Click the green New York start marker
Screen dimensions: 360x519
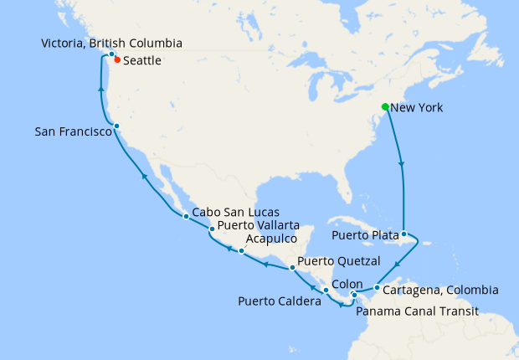click(385, 107)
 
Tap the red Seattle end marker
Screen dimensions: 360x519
click(117, 60)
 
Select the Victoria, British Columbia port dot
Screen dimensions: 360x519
click(111, 54)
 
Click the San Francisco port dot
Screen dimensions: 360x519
click(116, 126)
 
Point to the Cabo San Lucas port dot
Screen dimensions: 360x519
click(186, 217)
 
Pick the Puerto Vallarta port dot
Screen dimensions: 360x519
click(212, 229)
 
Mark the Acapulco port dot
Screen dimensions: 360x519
click(241, 251)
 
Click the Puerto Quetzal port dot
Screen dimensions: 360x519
click(291, 268)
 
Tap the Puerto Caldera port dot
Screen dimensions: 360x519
click(326, 290)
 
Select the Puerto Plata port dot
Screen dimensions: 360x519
click(403, 234)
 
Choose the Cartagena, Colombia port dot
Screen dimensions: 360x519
click(377, 289)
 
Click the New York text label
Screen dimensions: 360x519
click(417, 108)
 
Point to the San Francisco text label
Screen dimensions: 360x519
click(74, 132)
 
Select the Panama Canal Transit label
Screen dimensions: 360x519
click(417, 311)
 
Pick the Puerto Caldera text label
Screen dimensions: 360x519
click(280, 301)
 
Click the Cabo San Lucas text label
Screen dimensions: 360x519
click(236, 212)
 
